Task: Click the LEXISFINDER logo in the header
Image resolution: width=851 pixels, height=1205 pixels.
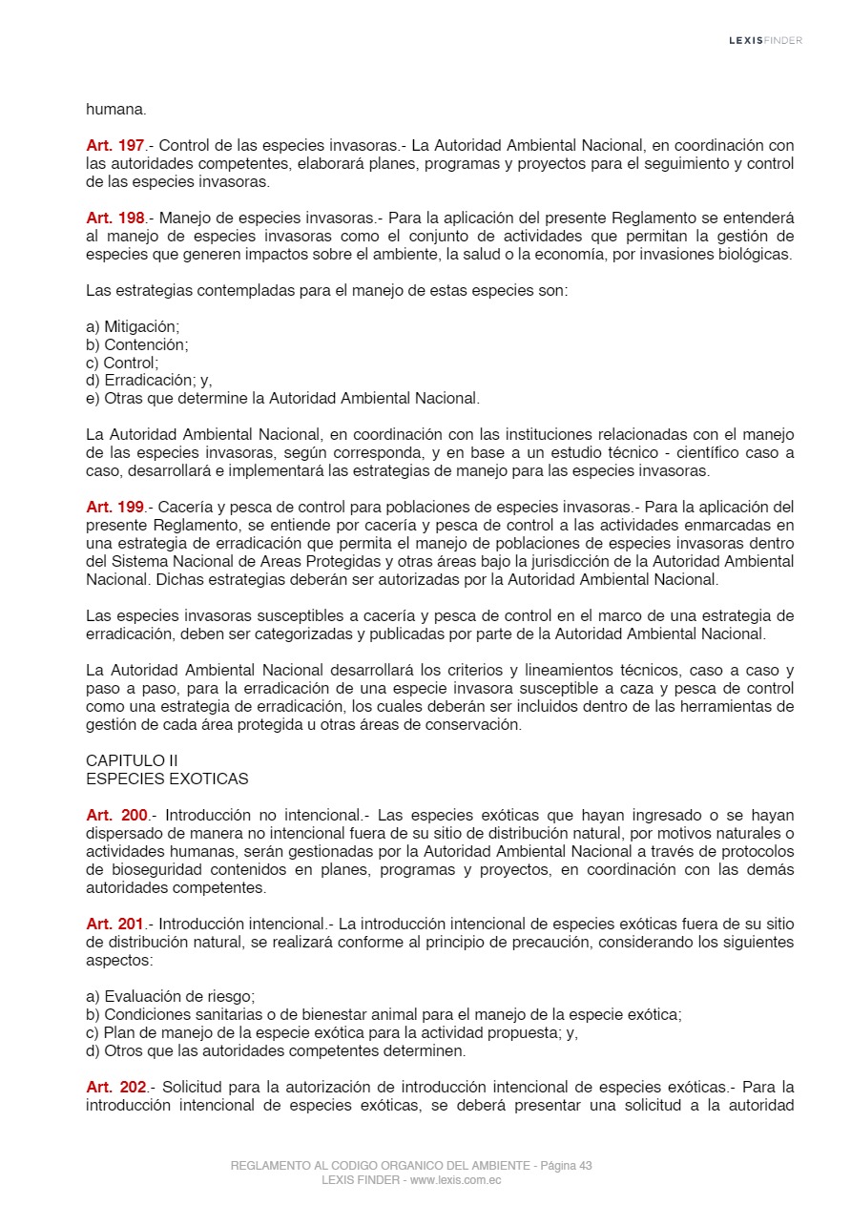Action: [765, 40]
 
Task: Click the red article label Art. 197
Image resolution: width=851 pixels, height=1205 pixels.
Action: [114, 146]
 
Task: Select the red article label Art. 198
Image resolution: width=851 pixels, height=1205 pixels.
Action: [114, 218]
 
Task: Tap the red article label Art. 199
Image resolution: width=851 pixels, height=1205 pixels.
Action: [114, 507]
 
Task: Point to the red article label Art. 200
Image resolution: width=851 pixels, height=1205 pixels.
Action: [116, 815]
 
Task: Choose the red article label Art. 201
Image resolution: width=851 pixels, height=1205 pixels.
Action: [114, 924]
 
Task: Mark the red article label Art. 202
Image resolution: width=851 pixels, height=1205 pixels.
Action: [116, 1087]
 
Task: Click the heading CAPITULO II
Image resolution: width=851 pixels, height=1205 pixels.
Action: [132, 760]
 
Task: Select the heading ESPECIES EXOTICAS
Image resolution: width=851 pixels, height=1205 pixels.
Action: [167, 779]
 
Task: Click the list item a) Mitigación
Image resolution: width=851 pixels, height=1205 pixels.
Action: [133, 326]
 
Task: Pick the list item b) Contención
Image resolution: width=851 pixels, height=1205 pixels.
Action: [136, 344]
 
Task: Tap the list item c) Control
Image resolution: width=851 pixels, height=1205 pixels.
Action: [122, 363]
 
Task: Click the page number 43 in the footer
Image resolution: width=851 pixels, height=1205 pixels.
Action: [585, 1166]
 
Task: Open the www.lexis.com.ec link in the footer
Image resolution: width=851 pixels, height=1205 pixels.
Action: [455, 1180]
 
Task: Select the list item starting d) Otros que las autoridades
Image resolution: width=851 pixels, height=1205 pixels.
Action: [276, 1050]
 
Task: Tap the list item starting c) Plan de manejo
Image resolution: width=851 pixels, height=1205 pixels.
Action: [331, 1032]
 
